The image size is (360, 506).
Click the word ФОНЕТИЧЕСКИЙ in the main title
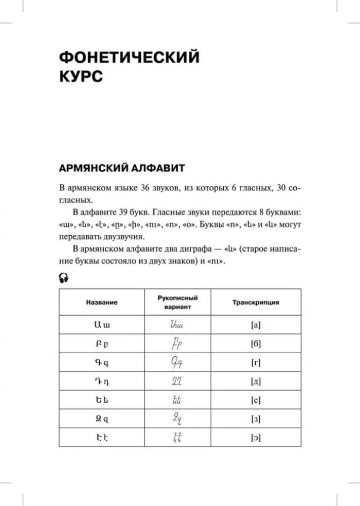tap(129, 57)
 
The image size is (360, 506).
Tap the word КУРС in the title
tap(81, 77)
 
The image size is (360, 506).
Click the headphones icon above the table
tap(63, 277)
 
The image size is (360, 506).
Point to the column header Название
tap(102, 302)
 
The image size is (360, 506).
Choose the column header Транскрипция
tap(256, 302)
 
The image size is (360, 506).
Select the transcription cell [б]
tap(256, 344)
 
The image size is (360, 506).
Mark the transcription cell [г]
tap(256, 363)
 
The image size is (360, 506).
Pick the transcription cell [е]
tap(256, 400)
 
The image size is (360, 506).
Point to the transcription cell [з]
tap(256, 419)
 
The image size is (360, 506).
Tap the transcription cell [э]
tap(256, 438)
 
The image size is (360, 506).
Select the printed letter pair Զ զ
tap(102, 419)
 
